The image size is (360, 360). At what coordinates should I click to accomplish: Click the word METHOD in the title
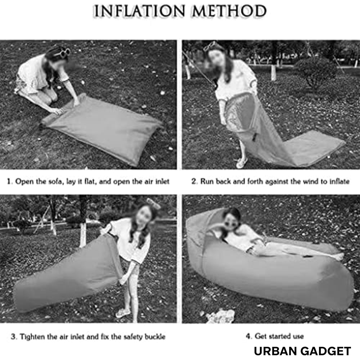(229, 11)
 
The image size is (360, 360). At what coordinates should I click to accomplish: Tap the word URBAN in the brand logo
(275, 351)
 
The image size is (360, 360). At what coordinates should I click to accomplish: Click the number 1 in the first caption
(9, 181)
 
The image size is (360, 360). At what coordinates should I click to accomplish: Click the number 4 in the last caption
(248, 336)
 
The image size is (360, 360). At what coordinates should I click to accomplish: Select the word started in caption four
(279, 336)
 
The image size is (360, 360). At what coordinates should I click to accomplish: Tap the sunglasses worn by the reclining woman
(230, 224)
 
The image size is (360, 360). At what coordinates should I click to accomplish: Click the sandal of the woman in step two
(242, 163)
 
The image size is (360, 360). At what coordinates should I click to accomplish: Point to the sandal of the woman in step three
(123, 313)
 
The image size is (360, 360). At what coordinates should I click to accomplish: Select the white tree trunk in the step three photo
(83, 232)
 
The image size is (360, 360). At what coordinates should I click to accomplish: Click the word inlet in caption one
(162, 181)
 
